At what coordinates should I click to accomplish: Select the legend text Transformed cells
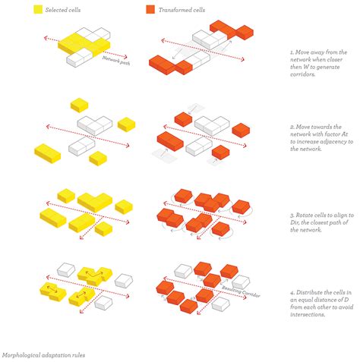(181, 11)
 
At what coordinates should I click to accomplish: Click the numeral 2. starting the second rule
(292, 126)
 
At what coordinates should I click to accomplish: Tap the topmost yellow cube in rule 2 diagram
(78, 105)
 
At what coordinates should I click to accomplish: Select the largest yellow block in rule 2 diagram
(48, 153)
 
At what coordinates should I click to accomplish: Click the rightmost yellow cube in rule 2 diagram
(127, 124)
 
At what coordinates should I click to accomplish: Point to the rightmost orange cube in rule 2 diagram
(242, 131)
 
